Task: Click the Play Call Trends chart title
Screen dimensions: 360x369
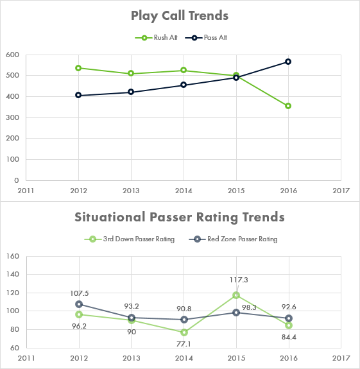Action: tap(180, 16)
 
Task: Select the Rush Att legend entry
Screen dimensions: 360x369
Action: tap(156, 38)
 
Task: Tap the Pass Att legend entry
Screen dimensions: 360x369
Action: tap(206, 38)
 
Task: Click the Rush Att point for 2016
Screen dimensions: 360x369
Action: tap(288, 106)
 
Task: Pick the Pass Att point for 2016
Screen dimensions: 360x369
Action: tap(288, 62)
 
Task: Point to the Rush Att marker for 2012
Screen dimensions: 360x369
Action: tap(78, 68)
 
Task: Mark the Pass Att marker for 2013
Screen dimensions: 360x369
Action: tap(131, 92)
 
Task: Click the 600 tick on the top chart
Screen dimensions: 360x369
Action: tap(12, 55)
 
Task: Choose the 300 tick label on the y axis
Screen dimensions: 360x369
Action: tap(12, 117)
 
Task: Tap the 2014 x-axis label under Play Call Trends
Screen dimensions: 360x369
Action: tap(184, 191)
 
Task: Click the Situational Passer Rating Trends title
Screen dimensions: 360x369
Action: tap(180, 217)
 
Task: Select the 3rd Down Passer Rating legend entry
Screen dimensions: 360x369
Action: tap(130, 239)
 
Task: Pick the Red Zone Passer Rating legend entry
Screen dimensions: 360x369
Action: tap(233, 239)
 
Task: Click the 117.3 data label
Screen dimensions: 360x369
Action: tap(239, 280)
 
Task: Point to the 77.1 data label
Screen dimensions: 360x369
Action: tap(184, 344)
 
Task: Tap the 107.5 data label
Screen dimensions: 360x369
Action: tap(80, 293)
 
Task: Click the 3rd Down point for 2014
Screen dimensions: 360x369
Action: tap(184, 332)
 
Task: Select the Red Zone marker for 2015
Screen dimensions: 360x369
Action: tap(236, 313)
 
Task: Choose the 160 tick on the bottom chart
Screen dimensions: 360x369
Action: tap(13, 256)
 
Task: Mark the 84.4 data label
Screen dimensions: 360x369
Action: tap(289, 337)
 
